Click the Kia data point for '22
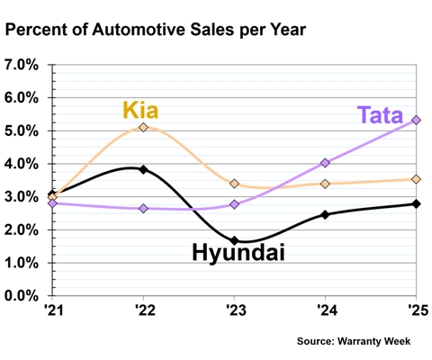[144, 127]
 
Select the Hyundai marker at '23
[235, 240]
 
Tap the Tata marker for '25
[416, 120]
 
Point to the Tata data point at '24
[325, 163]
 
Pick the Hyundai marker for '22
[144, 169]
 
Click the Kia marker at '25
[416, 179]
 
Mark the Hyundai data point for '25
[416, 203]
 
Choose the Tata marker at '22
[144, 208]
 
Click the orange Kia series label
[140, 110]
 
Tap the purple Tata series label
[380, 115]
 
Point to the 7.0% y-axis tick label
[22, 65]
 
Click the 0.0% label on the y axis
[22, 296]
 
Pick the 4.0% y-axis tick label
[22, 164]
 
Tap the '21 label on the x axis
[54, 310]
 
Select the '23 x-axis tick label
[236, 310]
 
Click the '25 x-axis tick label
[418, 310]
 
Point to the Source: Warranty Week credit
[354, 341]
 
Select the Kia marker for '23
[235, 184]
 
